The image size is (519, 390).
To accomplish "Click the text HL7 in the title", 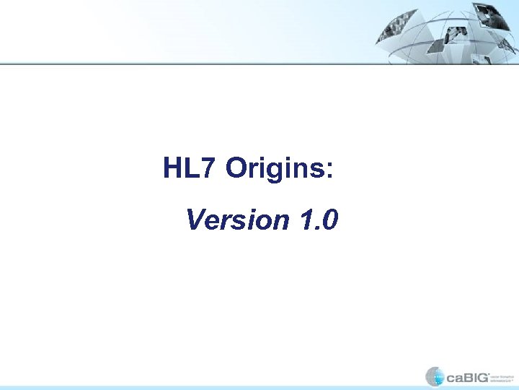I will pos(189,168).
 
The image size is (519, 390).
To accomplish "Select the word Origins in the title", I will pos(275,170).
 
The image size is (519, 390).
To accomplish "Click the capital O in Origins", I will pos(237,168).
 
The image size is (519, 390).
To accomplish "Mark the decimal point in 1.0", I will pos(315,227).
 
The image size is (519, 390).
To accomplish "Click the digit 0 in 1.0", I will pos(328,220).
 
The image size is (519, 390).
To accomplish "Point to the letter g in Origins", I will pos(277,172).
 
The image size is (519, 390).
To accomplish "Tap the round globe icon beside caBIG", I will pos(435,376).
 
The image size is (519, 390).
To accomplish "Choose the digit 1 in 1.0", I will pos(303,220).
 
